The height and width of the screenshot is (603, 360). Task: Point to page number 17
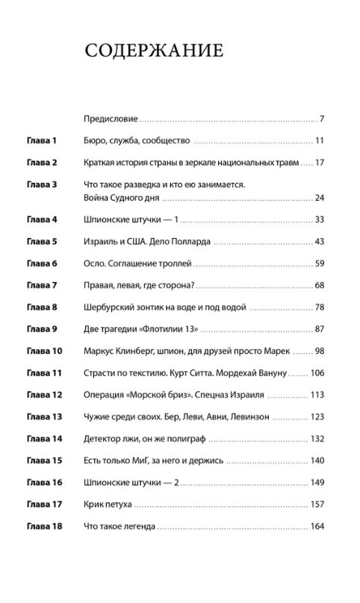click(318, 162)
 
